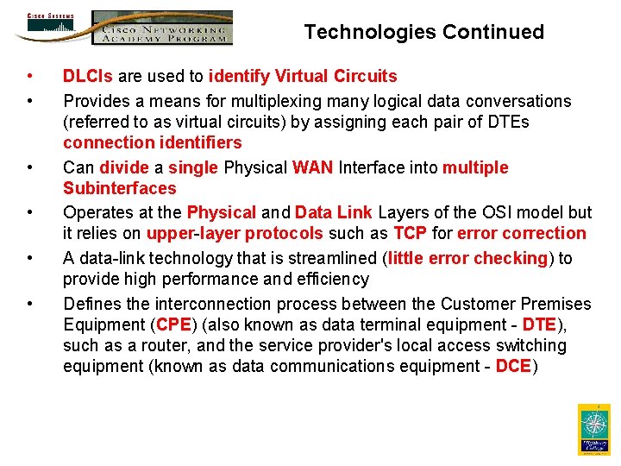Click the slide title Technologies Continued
(423, 32)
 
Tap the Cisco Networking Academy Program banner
(162, 28)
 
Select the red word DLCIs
(88, 77)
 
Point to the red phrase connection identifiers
(152, 142)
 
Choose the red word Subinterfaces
(119, 188)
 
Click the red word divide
(124, 167)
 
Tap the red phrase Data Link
(333, 212)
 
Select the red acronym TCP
(410, 233)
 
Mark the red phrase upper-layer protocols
(235, 233)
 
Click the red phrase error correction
(521, 233)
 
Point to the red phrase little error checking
(467, 258)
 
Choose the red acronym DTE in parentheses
(538, 324)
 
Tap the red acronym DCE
(513, 366)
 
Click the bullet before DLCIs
(30, 77)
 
